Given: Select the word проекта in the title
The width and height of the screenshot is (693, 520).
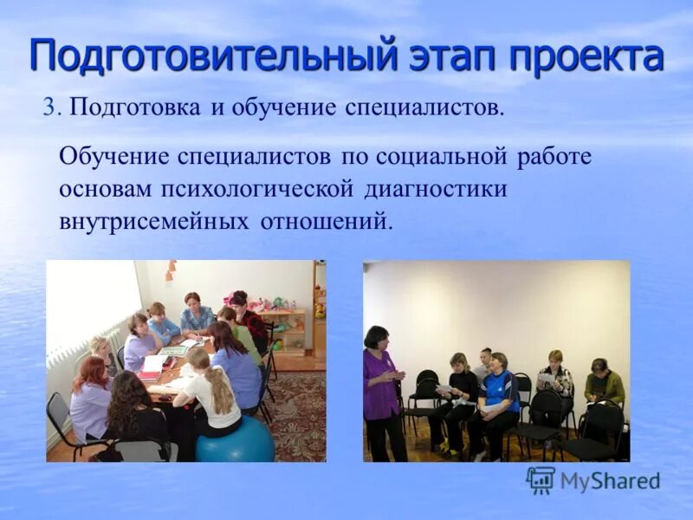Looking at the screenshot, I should click(586, 55).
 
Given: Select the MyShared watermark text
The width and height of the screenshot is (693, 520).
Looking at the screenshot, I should click(610, 482).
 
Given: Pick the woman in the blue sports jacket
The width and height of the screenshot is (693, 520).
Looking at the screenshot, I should click(497, 394).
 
